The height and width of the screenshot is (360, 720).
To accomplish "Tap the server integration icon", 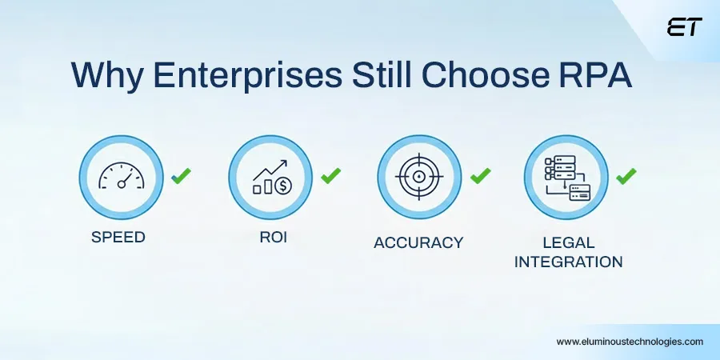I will tap(566, 178).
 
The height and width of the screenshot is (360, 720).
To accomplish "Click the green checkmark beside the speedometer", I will tap(182, 175).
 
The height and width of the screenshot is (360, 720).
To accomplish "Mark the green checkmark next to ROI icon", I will tap(330, 175).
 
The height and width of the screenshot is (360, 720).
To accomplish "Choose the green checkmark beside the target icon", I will tap(480, 175).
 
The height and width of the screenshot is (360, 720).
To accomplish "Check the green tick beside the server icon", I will tap(626, 175).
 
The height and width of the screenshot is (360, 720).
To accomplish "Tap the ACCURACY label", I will tap(418, 242).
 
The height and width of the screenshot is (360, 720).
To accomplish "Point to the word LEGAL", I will tap(569, 242).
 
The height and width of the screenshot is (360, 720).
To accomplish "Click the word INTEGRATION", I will tap(569, 262).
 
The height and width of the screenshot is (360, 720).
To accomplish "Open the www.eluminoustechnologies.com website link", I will tap(630, 341).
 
